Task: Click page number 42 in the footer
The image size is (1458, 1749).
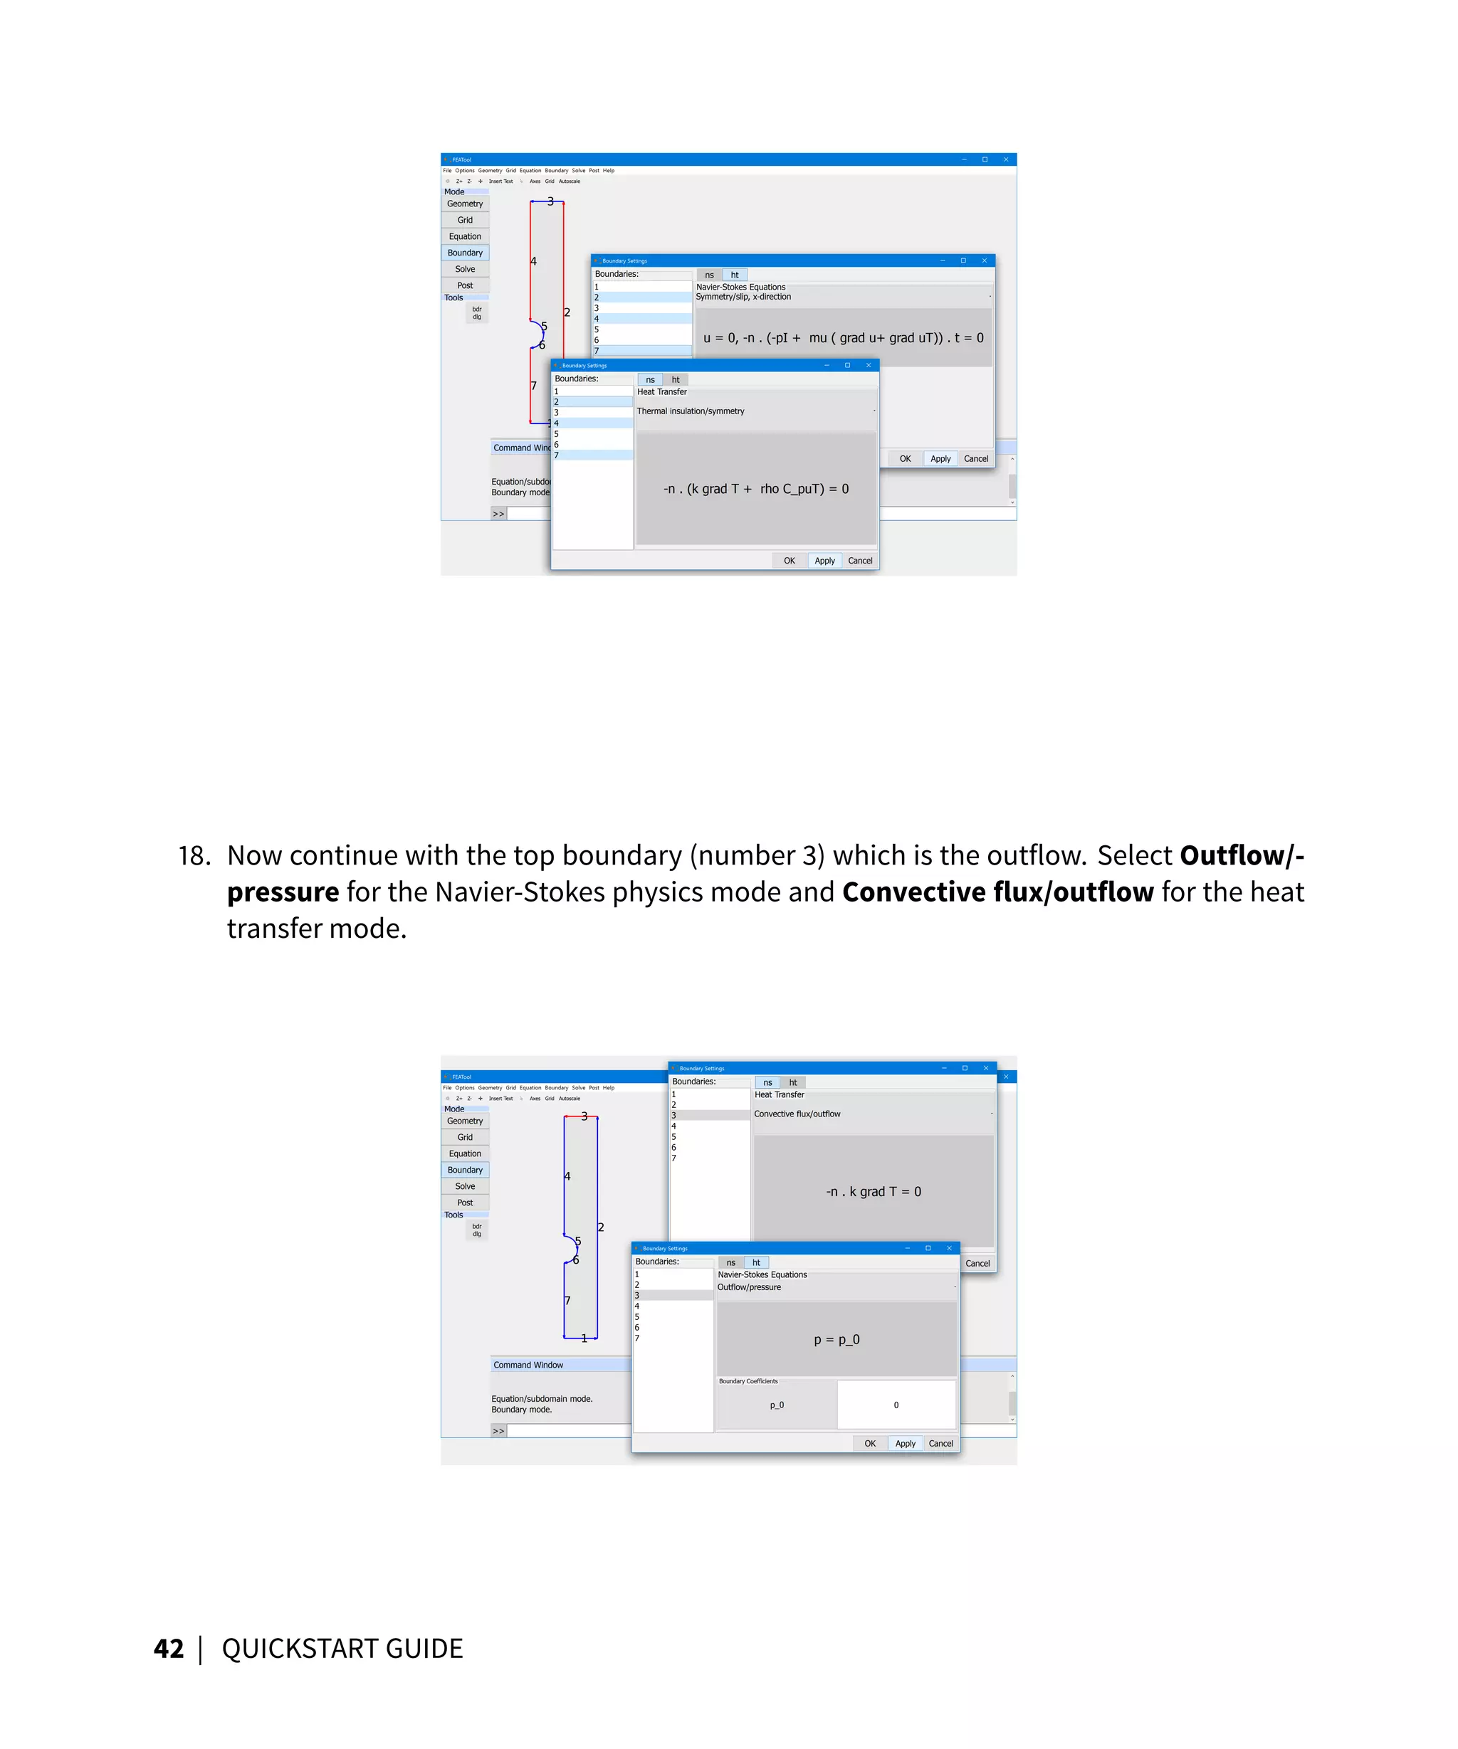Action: coord(168,1648)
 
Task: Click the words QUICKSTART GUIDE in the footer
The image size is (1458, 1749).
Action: coord(342,1648)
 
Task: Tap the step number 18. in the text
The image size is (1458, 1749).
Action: coord(194,855)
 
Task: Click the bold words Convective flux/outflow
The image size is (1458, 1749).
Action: coord(997,892)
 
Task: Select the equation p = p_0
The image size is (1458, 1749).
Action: coord(836,1339)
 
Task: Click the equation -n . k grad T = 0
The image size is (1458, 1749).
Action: coord(873,1191)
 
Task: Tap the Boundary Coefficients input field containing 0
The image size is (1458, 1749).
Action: coord(896,1405)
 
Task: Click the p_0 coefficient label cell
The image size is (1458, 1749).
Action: coord(777,1405)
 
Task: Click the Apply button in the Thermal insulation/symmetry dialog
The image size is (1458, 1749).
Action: coord(824,561)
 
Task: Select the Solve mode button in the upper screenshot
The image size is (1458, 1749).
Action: coord(465,269)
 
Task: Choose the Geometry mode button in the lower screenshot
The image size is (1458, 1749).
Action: coord(465,1121)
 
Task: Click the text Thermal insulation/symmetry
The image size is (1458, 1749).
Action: coord(690,411)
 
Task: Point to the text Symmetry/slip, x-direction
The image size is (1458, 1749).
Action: coord(743,297)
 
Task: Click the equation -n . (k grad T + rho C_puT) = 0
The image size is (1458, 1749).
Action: coord(755,489)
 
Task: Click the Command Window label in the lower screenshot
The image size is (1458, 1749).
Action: coord(528,1365)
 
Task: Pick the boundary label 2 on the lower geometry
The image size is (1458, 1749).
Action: coord(601,1227)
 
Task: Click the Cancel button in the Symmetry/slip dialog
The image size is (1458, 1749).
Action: coord(975,459)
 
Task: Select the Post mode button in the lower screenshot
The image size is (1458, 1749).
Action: coord(465,1203)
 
